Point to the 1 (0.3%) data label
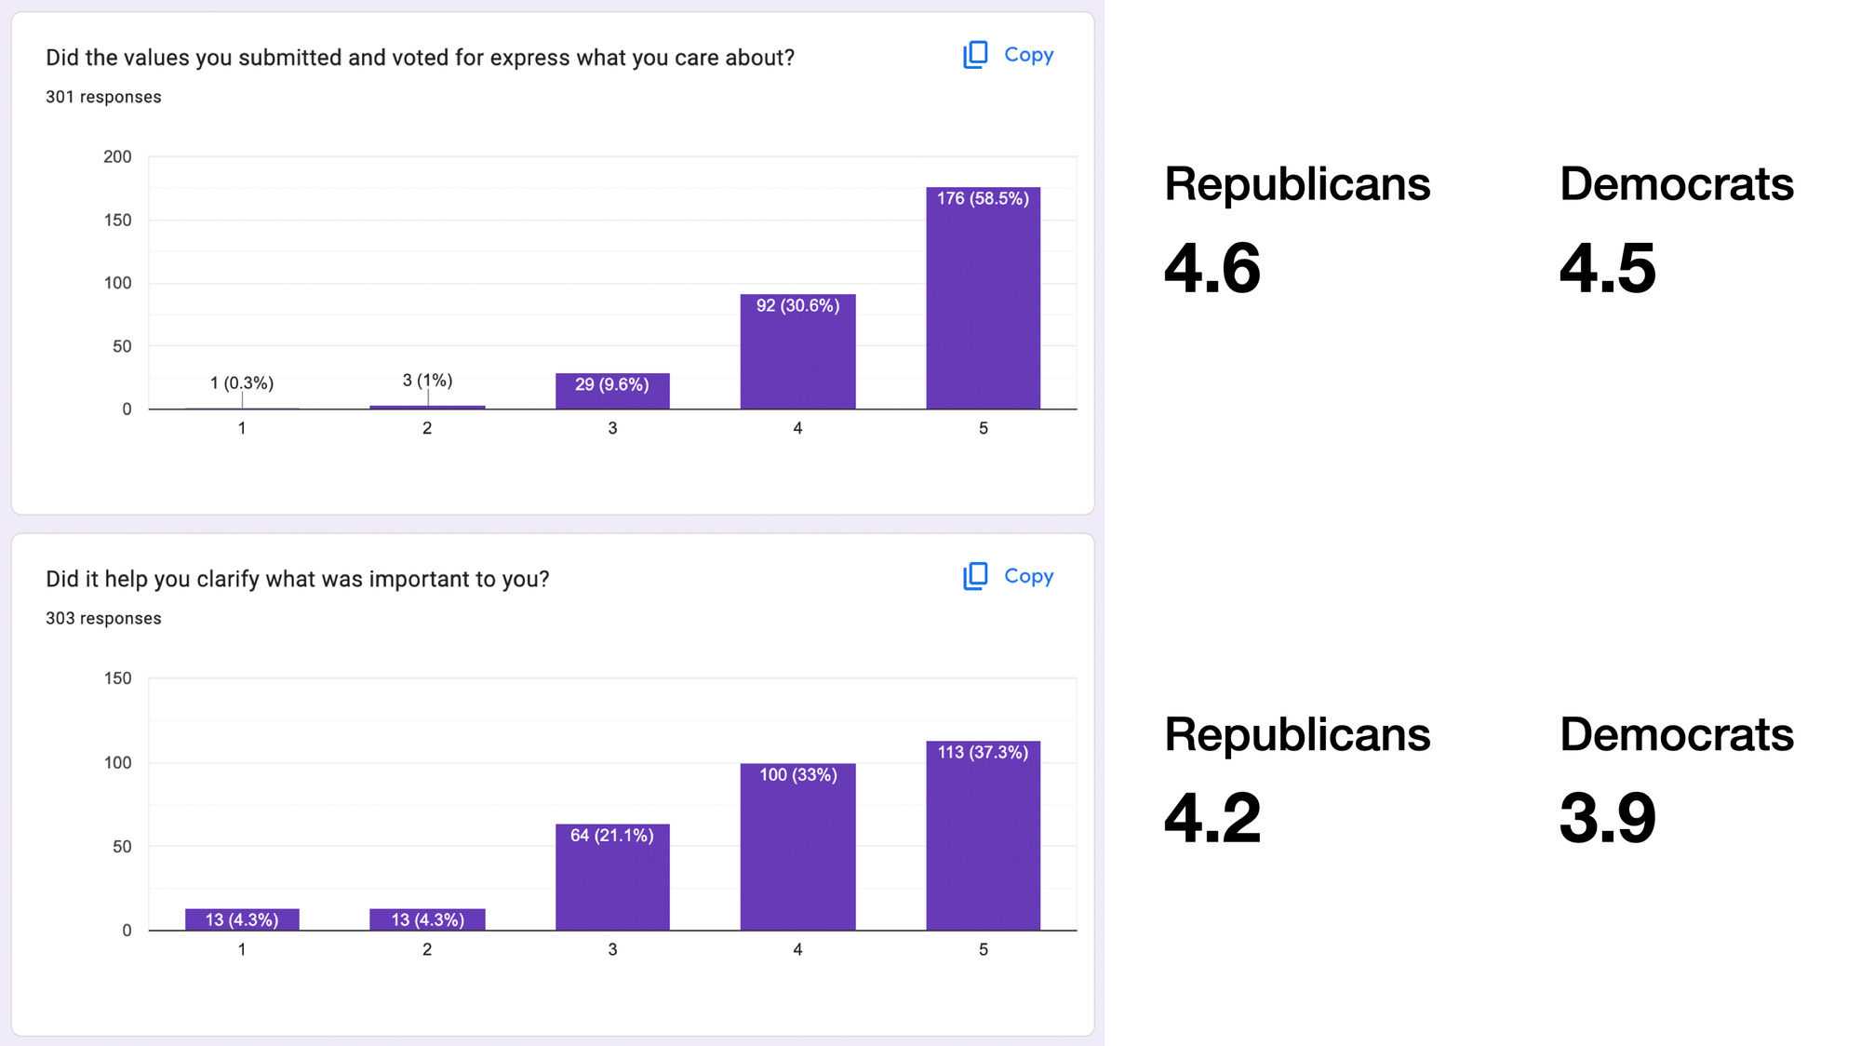click(x=242, y=383)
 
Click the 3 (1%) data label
click(x=427, y=381)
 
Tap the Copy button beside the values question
click(x=1009, y=55)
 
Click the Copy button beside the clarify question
click(x=1009, y=576)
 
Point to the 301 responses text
click(x=103, y=97)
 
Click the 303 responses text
click(x=103, y=618)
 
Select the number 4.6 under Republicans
click(x=1212, y=268)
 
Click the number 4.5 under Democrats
click(x=1607, y=268)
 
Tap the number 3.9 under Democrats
click(x=1607, y=818)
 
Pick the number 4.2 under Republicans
click(x=1212, y=818)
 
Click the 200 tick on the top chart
click(x=117, y=156)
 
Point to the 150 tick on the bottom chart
click(x=117, y=678)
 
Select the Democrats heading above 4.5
click(x=1676, y=183)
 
